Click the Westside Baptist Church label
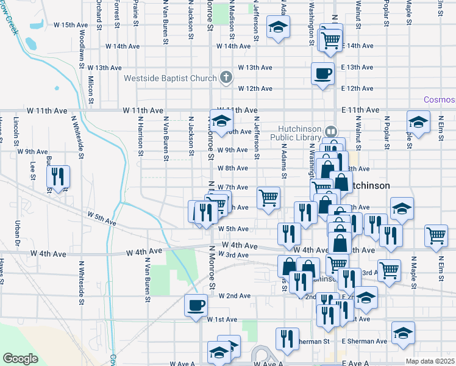[170, 78]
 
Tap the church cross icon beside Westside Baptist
[226, 77]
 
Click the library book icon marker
[330, 131]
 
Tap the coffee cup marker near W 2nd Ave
[196, 304]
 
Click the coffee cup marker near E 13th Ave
[322, 73]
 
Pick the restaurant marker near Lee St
[58, 177]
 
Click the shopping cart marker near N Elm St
[436, 235]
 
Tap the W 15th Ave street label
[71, 25]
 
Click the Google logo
[20, 359]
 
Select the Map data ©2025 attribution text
[430, 361]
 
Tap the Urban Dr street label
[19, 234]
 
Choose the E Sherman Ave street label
[365, 342]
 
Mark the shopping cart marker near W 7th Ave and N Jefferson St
[268, 197]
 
